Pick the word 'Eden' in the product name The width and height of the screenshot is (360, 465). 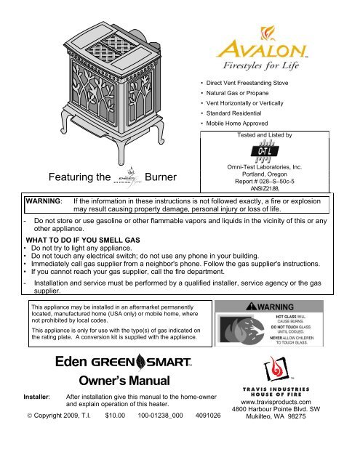[71, 360]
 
